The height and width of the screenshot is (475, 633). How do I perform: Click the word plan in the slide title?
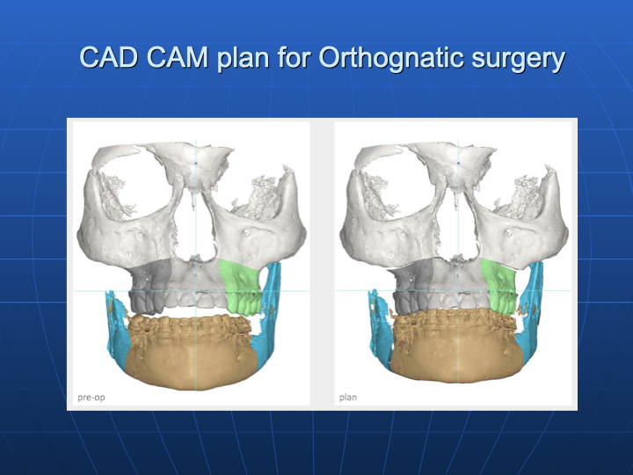(x=243, y=59)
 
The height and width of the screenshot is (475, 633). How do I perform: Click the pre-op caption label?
(x=91, y=398)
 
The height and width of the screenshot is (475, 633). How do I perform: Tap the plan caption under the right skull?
(x=348, y=398)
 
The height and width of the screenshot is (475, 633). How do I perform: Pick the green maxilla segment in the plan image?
(x=499, y=287)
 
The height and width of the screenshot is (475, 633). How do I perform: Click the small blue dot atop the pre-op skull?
(x=196, y=164)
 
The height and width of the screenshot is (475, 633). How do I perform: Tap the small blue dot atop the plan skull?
(x=459, y=163)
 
